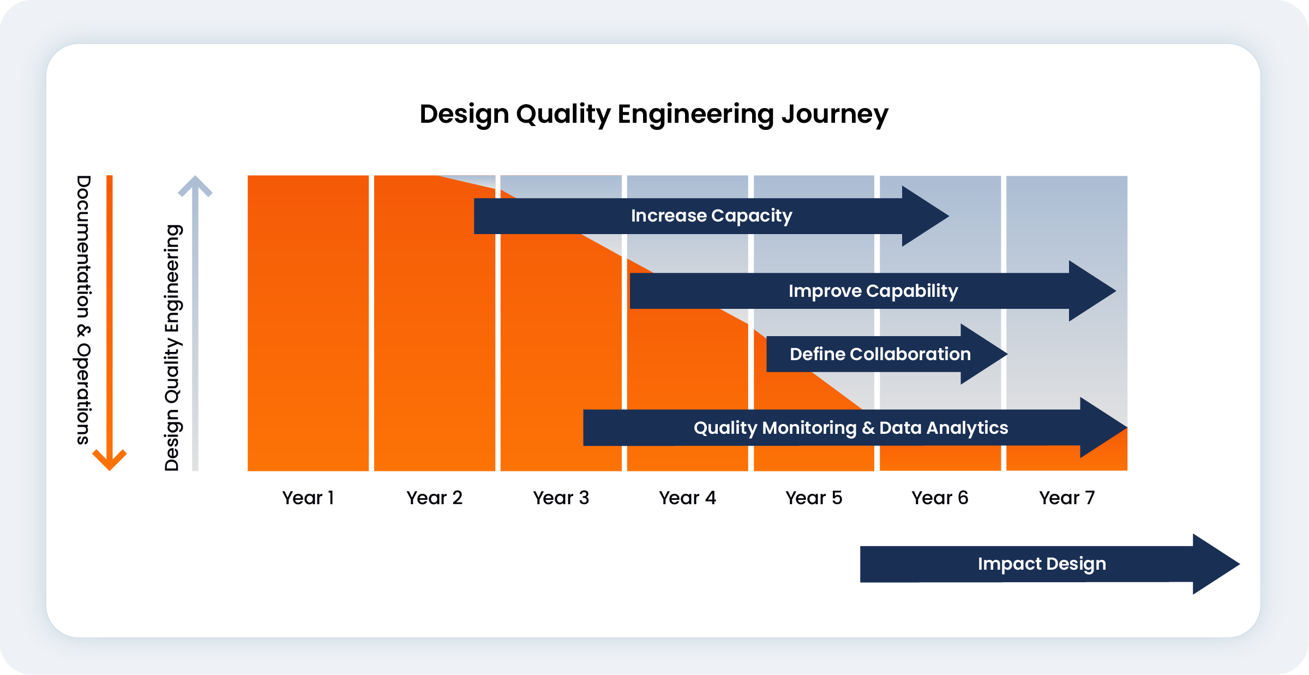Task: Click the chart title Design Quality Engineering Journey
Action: [654, 115]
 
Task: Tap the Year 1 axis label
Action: [308, 498]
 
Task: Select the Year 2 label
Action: [434, 498]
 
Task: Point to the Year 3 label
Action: [561, 498]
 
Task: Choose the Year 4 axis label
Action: [687, 498]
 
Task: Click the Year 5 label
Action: [814, 498]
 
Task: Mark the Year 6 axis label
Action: [940, 498]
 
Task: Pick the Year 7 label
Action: [1067, 498]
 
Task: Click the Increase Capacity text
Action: [711, 216]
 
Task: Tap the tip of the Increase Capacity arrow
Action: [949, 216]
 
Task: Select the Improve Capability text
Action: [873, 291]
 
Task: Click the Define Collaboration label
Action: [880, 354]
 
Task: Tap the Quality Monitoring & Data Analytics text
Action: [851, 428]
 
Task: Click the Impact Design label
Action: [1042, 564]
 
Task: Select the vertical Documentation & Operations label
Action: [83, 310]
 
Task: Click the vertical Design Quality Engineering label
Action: [172, 348]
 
